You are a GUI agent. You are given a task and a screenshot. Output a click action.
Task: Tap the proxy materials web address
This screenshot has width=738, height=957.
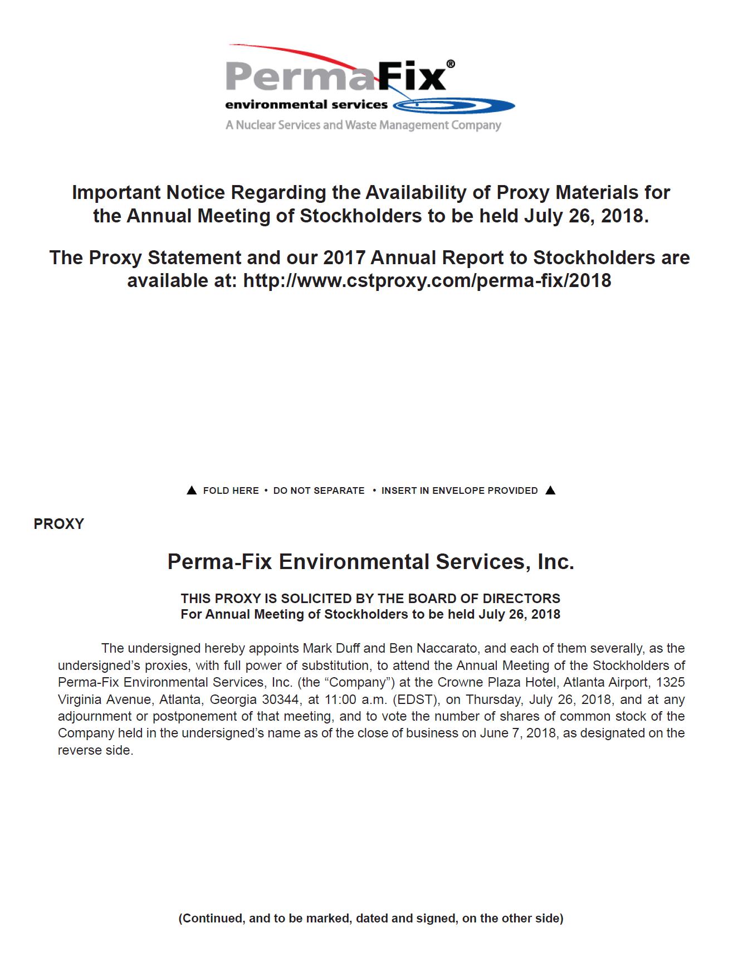427,280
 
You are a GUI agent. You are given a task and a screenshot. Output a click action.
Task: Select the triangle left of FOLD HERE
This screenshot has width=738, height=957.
191,490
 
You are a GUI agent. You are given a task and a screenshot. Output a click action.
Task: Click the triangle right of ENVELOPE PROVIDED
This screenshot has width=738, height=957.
550,490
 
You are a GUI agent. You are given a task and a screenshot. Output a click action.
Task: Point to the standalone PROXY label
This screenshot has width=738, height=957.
58,524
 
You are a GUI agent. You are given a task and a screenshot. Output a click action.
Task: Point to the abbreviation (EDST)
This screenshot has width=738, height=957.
414,699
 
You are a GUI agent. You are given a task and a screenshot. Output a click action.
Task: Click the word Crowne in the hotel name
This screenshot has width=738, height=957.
457,682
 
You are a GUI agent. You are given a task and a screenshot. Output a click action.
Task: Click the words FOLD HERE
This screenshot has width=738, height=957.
231,490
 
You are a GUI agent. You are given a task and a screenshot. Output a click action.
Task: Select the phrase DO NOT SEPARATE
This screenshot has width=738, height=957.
319,490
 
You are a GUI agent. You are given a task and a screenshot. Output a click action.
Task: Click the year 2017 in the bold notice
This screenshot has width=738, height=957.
344,258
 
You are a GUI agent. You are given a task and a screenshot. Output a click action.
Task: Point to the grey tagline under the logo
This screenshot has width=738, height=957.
363,125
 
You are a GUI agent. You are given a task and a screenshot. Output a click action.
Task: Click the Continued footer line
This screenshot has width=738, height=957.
370,918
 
